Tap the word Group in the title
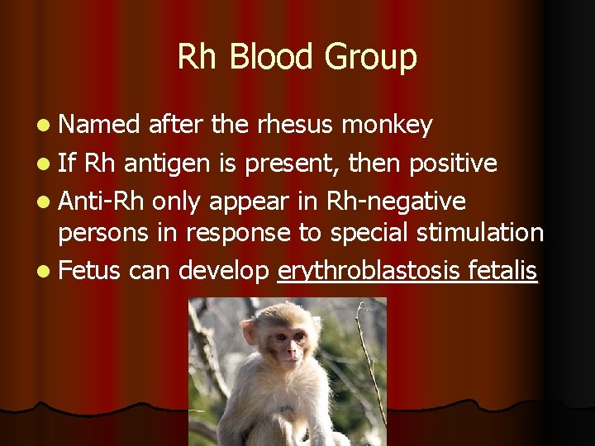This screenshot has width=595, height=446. [370, 57]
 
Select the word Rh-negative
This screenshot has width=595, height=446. [396, 202]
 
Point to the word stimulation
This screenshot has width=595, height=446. [478, 233]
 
